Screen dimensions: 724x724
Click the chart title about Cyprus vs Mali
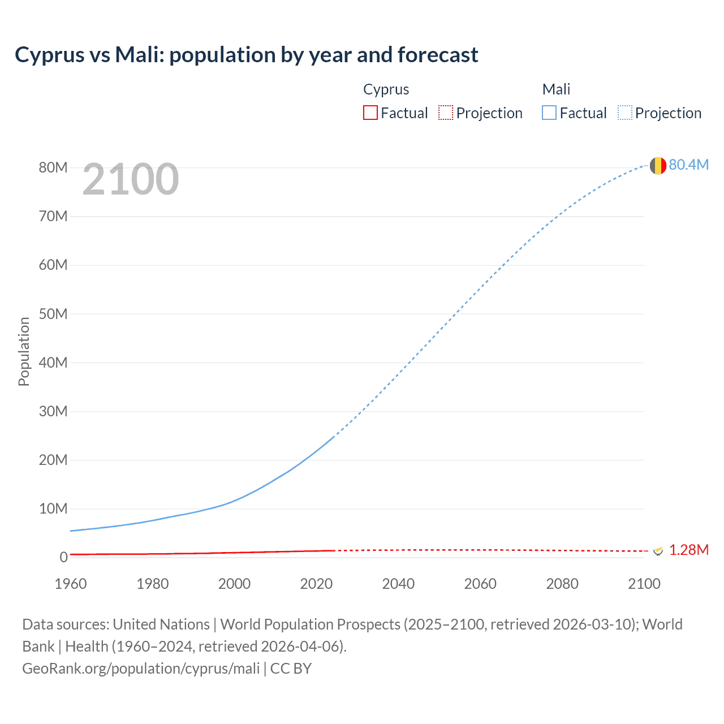[x=247, y=55]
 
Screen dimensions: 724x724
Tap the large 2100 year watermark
[x=131, y=179]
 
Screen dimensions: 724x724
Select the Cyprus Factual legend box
[x=370, y=113]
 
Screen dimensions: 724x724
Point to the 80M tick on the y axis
[x=53, y=167]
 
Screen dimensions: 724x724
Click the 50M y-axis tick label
[x=53, y=314]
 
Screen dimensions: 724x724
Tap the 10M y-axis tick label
[x=53, y=508]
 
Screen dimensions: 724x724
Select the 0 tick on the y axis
[x=63, y=557]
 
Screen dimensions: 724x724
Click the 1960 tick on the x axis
[x=71, y=584]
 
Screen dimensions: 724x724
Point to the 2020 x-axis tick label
[x=316, y=584]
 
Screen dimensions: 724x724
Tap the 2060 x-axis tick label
[x=480, y=584]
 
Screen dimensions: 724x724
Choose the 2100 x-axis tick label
[x=644, y=584]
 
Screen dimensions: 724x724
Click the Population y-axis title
[x=24, y=351]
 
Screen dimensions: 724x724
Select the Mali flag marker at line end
[x=658, y=166]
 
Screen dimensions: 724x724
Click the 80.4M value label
[x=688, y=165]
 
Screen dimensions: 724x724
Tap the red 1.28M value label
[x=688, y=550]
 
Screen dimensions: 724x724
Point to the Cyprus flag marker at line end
[x=658, y=550]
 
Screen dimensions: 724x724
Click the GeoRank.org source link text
[x=141, y=668]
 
